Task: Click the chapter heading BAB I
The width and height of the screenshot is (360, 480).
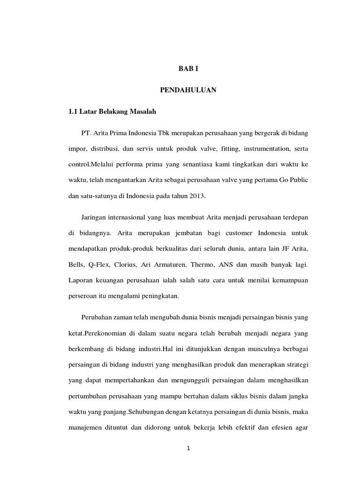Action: coord(189,68)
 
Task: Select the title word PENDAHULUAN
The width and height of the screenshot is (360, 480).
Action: coord(189,90)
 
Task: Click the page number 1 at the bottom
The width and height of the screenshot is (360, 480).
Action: coord(188,449)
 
